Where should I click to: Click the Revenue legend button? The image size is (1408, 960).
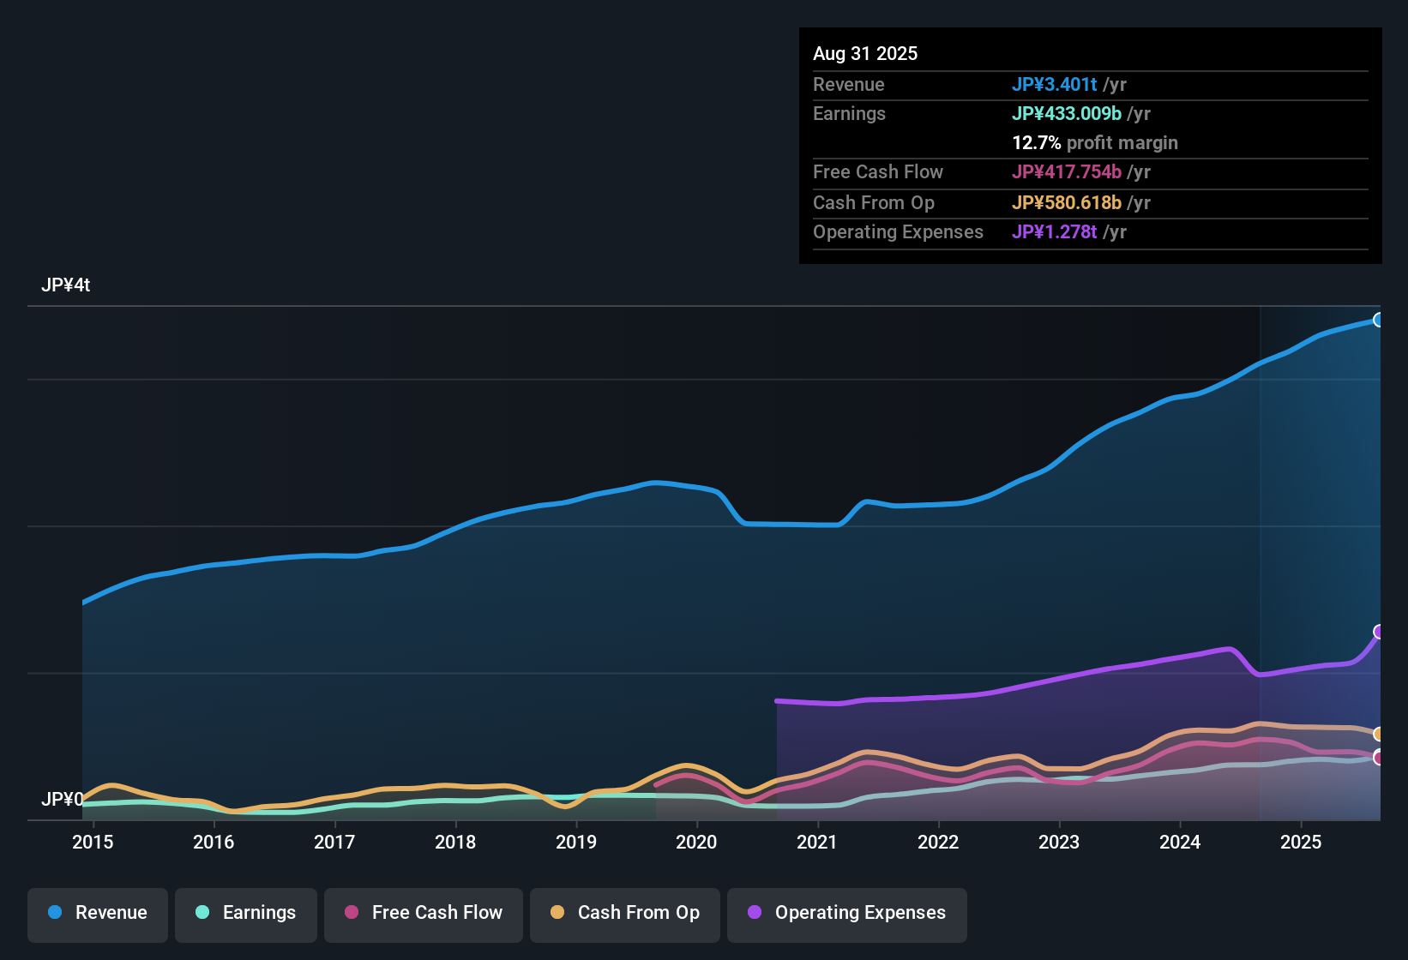coord(98,913)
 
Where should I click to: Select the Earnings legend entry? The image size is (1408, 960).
coord(246,913)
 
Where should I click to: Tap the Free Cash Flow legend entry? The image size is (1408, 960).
coord(424,913)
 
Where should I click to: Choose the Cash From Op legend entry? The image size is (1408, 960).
coord(625,913)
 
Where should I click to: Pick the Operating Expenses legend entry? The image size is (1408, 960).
coord(847,913)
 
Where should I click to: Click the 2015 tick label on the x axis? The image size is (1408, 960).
coord(93,842)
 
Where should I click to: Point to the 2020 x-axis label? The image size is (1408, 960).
coord(696,842)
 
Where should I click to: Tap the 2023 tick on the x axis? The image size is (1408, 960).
coord(1059,842)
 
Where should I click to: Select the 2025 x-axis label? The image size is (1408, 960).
coord(1301,842)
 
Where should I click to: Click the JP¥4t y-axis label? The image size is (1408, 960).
coord(65,285)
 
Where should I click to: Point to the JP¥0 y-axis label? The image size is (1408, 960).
coord(62,799)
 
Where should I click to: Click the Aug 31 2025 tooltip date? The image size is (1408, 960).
coord(865,54)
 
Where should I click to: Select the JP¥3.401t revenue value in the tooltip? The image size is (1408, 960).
coord(1054,85)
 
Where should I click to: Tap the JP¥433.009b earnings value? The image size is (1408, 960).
coord(1066,114)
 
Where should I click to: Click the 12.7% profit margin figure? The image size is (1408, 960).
coord(1036,143)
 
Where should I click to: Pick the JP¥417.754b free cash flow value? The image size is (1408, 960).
coord(1066,172)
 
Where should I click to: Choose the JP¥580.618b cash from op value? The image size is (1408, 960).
coord(1066,203)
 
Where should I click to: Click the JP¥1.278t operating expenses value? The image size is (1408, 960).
coord(1054,232)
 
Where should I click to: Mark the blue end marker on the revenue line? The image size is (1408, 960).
coord(1379,320)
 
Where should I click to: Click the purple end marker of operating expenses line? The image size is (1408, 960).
coord(1379,632)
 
